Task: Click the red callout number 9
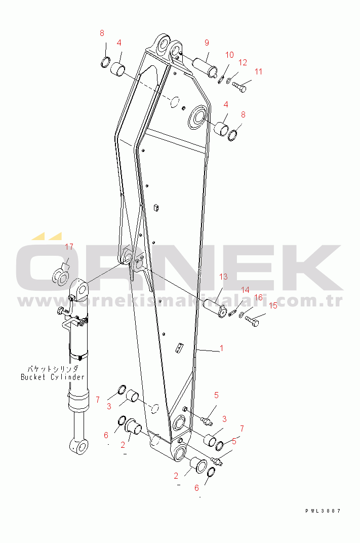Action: (x=207, y=43)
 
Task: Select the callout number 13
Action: (x=223, y=277)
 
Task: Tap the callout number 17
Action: (x=69, y=247)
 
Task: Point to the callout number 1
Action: (x=222, y=348)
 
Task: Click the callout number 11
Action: (x=259, y=72)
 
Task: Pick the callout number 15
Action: (x=273, y=305)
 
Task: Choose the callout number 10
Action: (x=229, y=55)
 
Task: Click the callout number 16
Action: (x=258, y=297)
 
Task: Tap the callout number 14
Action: (x=245, y=290)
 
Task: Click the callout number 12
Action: (x=243, y=62)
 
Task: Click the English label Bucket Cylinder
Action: (x=53, y=377)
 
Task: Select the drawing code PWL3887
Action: (x=323, y=511)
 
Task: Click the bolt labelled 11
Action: (x=239, y=86)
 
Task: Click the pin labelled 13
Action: (x=215, y=307)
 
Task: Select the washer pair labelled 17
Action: (x=61, y=277)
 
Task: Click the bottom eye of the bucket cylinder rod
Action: (x=79, y=446)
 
